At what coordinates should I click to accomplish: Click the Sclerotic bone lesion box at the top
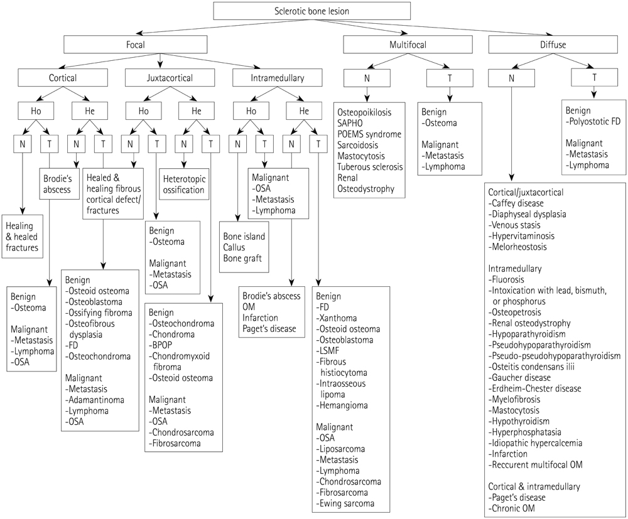click(312, 11)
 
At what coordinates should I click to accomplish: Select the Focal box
click(135, 44)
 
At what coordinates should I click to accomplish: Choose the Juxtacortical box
click(160, 78)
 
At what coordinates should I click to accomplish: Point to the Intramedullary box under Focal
click(277, 78)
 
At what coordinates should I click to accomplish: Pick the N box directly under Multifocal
click(367, 78)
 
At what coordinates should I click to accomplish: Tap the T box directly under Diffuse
click(594, 78)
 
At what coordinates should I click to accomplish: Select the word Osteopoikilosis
click(364, 112)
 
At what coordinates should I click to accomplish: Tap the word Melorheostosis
click(522, 247)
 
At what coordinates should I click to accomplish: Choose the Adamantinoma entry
click(95, 399)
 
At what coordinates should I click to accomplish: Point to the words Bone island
click(244, 237)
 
